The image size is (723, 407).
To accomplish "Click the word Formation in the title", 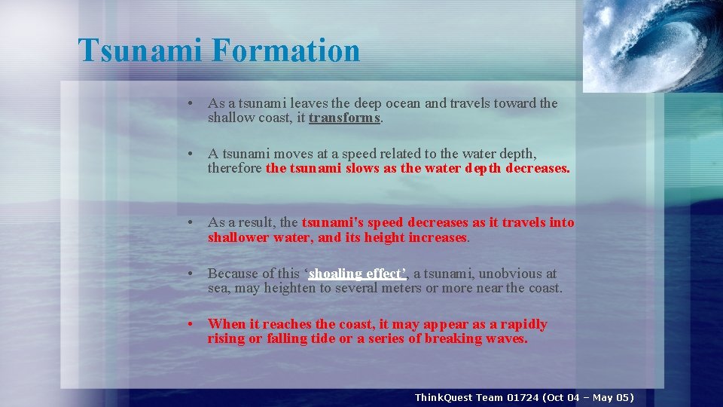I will coord(286,50).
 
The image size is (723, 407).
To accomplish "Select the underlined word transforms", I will coord(344,118).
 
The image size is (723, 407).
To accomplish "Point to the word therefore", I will coord(235,169).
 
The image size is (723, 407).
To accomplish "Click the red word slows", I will coord(363,169).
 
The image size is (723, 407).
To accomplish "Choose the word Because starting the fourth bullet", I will coord(233,274).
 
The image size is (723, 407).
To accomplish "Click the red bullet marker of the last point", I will coord(194,324).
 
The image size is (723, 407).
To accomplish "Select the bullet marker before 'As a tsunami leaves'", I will coord(194,103).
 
